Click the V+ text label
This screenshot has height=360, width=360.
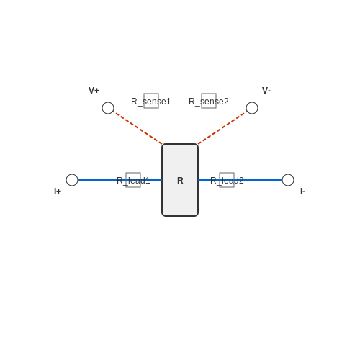(94, 91)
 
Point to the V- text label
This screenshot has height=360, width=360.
(266, 91)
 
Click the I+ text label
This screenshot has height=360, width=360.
(58, 192)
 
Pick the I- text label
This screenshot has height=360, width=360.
(303, 192)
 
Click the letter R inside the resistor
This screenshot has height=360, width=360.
(180, 181)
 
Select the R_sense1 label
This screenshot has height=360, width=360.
(151, 102)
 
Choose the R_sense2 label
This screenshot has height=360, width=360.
(209, 102)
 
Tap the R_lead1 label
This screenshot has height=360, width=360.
(133, 181)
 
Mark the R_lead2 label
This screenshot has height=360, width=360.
(227, 181)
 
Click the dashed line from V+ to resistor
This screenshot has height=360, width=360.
(138, 127)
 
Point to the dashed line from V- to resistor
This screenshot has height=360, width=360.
(222, 127)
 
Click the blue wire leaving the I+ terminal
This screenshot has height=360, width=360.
(120, 180)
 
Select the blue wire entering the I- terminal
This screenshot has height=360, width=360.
(240, 180)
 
